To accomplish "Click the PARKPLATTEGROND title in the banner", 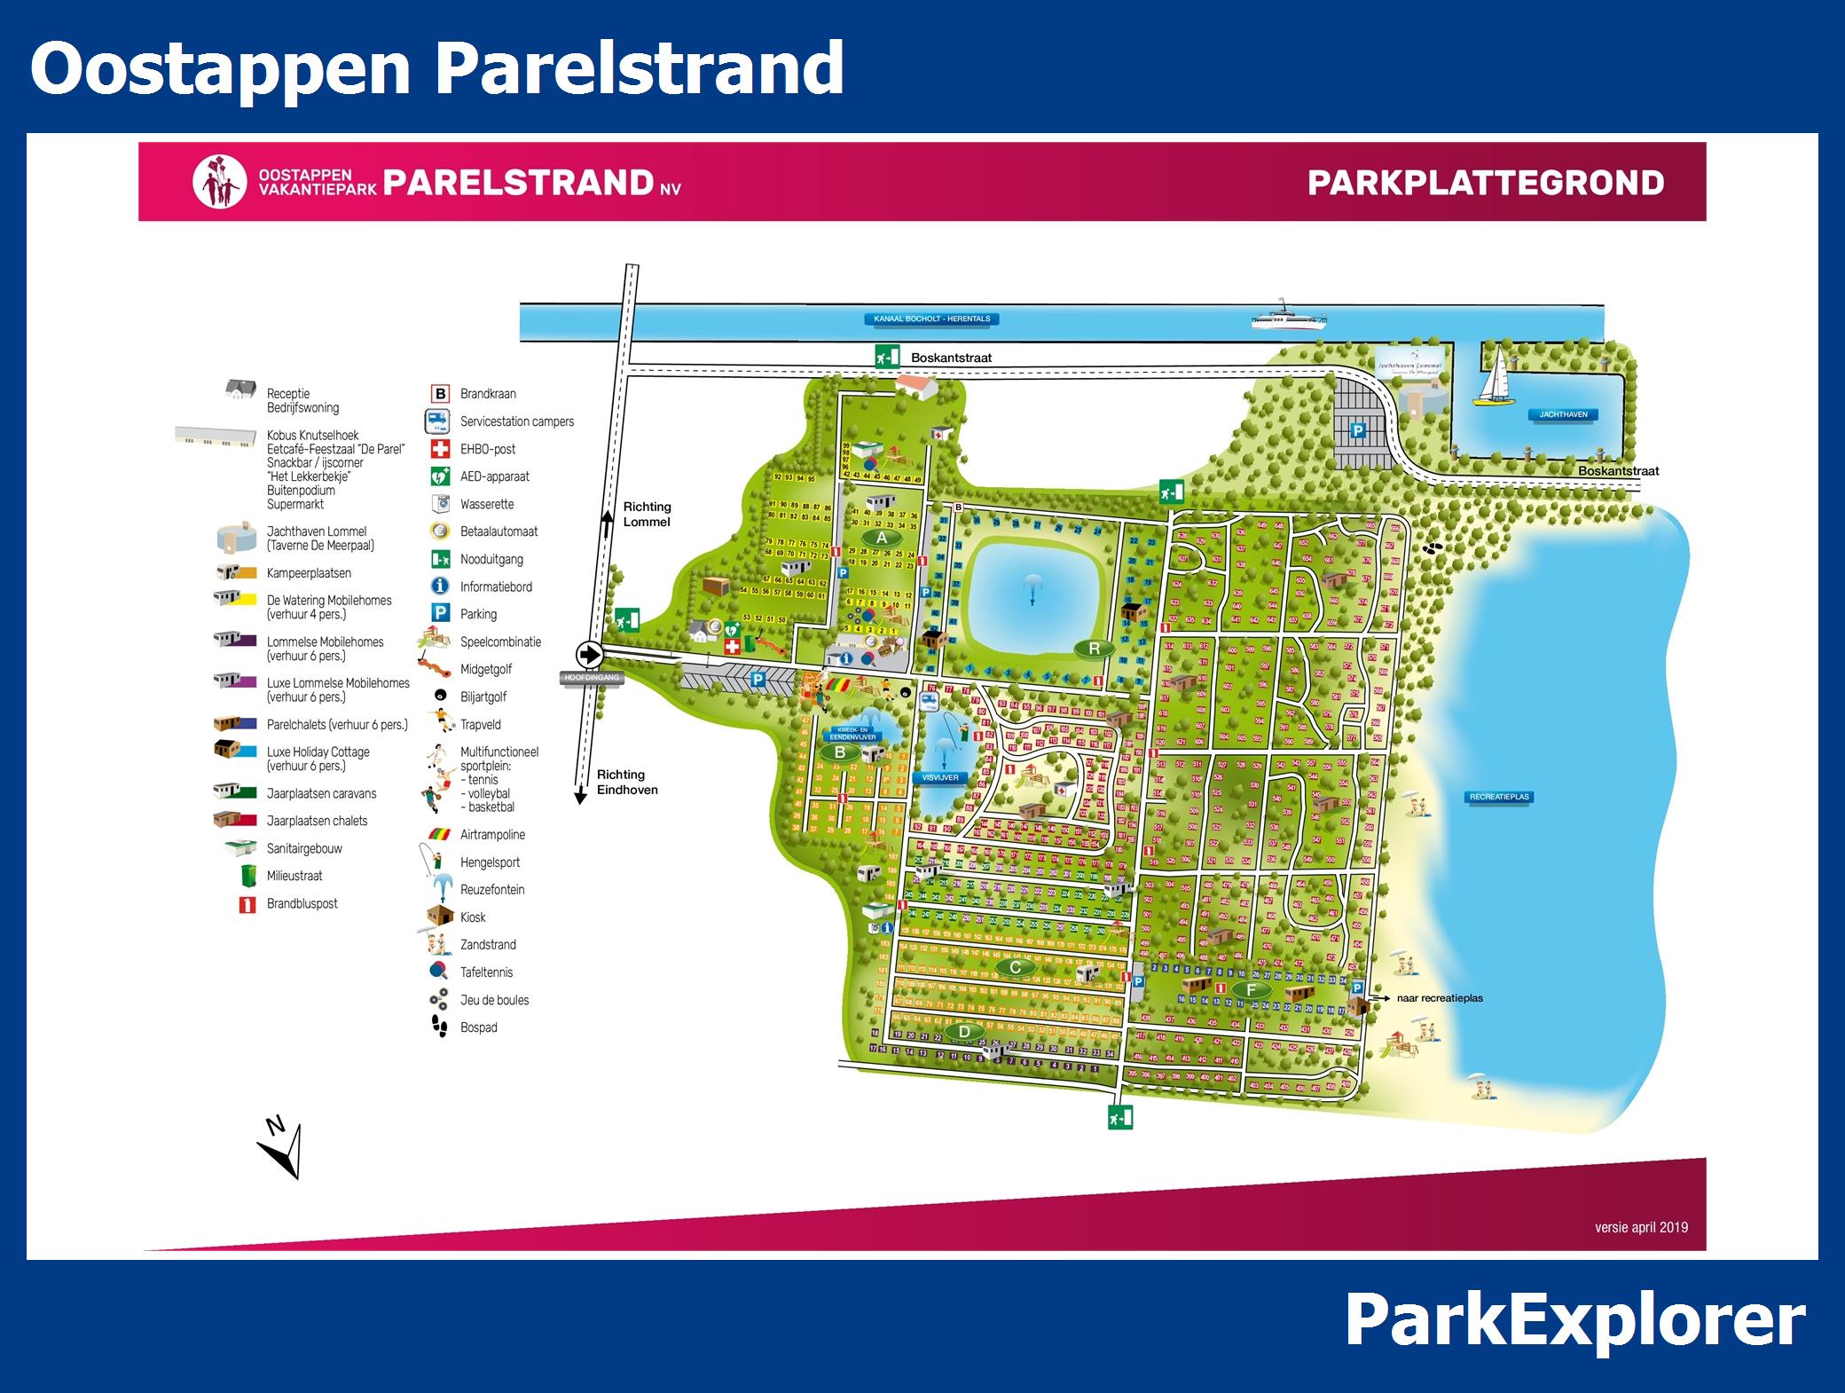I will [x=1485, y=183].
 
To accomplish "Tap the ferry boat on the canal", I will [x=1288, y=317].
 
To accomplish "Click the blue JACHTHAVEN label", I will [x=1563, y=414].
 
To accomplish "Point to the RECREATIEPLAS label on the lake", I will [x=1499, y=797].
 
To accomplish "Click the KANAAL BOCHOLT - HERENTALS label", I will [x=931, y=319].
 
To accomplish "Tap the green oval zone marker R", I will [x=1094, y=649].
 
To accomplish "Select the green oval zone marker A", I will [x=881, y=538].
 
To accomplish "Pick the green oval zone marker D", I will [x=964, y=1032].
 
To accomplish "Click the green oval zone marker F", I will [x=1252, y=990].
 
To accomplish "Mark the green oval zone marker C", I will [x=1015, y=967].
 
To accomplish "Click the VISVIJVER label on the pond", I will [x=939, y=777].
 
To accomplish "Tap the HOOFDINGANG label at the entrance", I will [x=592, y=678].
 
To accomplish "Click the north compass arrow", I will [x=282, y=1150].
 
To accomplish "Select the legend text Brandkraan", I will [x=488, y=394].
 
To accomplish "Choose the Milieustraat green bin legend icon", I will [x=248, y=876].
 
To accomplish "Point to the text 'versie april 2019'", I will [x=1641, y=1227].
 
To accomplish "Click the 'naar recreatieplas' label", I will [x=1439, y=998].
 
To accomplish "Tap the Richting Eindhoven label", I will [x=627, y=782].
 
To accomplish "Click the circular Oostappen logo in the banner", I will [x=219, y=183].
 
